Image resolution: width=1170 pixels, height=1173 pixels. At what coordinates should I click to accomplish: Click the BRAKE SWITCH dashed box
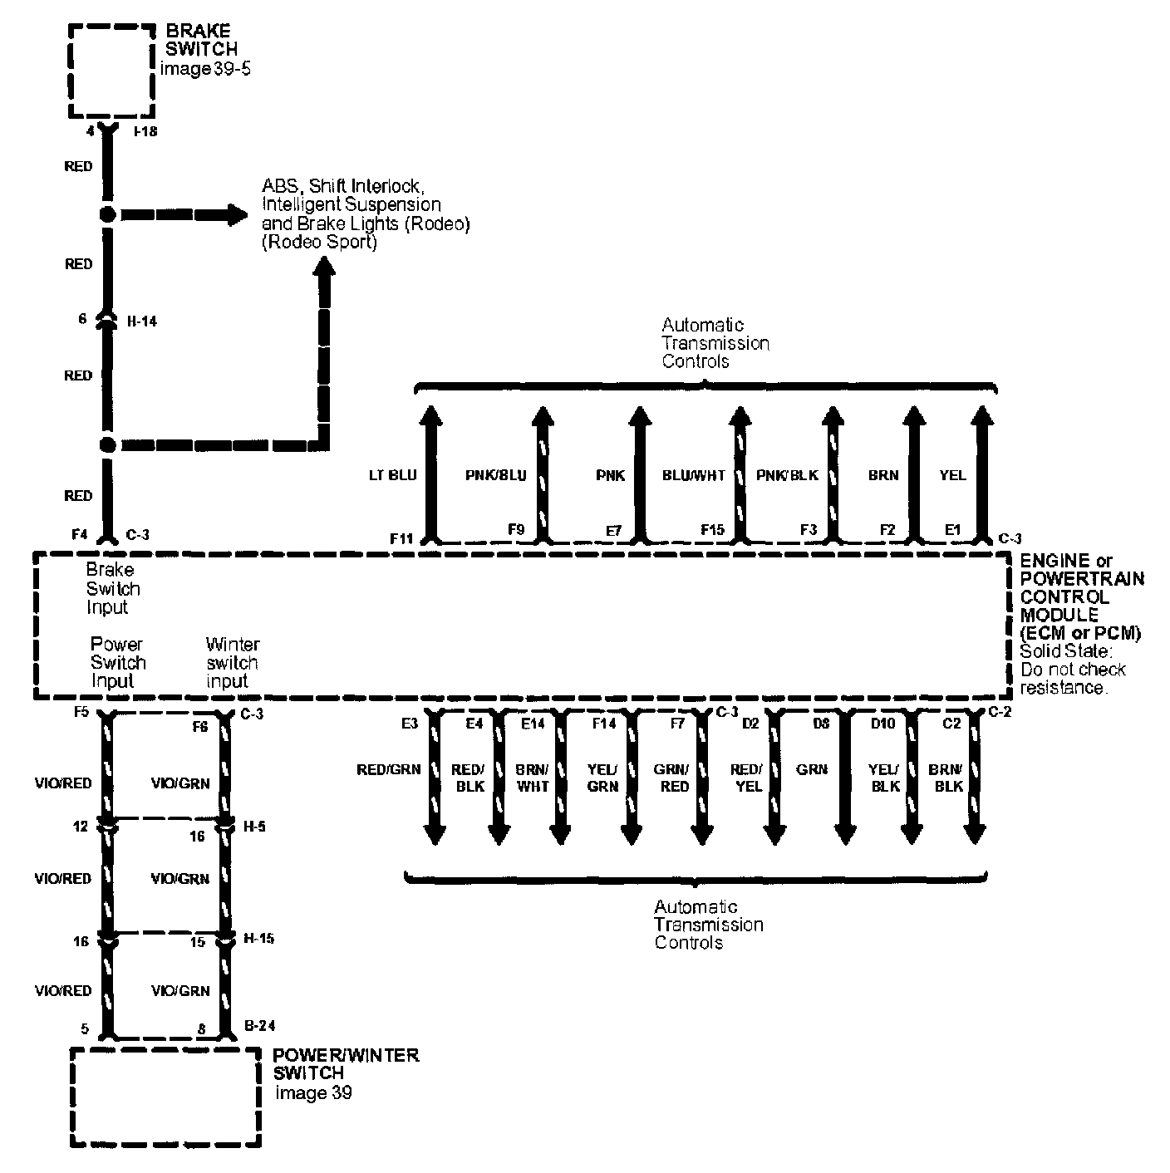111,72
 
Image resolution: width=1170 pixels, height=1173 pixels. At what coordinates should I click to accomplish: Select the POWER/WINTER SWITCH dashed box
165,1097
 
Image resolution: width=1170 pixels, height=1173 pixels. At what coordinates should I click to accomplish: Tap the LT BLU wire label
392,475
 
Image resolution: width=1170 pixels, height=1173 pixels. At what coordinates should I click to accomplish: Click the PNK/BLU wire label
496,475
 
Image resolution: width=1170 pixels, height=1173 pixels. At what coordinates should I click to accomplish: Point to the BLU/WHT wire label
694,475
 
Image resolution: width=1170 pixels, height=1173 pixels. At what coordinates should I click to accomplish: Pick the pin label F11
401,538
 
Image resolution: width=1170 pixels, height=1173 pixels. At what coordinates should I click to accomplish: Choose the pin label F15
713,528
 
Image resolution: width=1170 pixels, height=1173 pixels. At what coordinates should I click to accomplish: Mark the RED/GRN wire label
389,769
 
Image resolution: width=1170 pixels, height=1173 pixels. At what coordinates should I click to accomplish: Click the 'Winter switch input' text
232,663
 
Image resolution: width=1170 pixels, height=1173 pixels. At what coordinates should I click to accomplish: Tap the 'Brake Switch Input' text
112,589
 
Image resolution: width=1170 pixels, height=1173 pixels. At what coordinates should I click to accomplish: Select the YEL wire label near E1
952,475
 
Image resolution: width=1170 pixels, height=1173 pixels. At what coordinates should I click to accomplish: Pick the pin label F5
80,713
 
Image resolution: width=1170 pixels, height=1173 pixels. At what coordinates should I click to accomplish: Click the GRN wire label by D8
811,769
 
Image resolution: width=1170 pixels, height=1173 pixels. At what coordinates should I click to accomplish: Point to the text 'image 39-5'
204,69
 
